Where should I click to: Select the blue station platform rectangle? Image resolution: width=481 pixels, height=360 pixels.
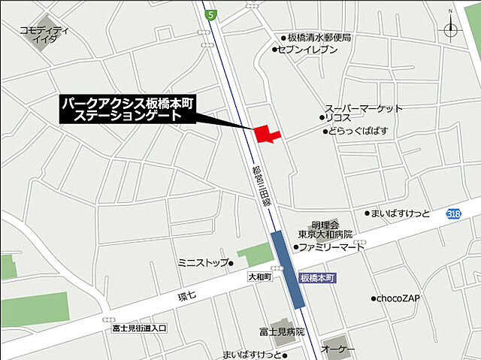288,269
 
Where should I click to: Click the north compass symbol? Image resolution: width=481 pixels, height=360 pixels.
451,29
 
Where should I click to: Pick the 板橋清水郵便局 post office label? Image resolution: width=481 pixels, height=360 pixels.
319,37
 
